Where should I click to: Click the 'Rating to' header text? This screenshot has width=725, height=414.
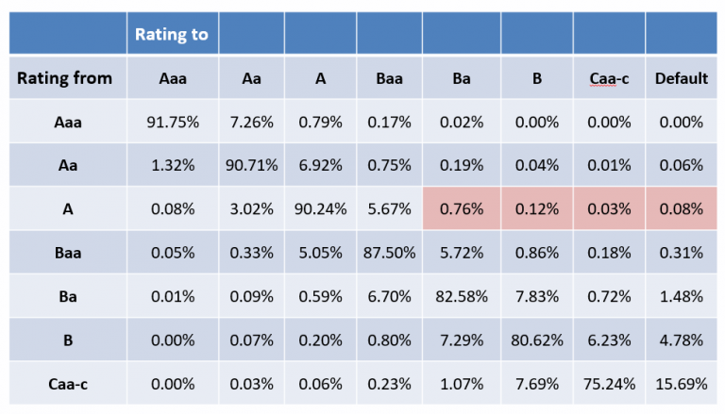pyautogui.click(x=173, y=35)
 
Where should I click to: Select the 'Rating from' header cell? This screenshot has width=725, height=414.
pyautogui.click(x=64, y=78)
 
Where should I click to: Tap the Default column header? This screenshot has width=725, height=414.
pyautogui.click(x=682, y=78)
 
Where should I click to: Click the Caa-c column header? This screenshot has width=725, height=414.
pyautogui.click(x=607, y=78)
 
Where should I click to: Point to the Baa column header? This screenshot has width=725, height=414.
pyautogui.click(x=390, y=78)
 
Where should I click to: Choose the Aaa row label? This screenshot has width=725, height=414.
pyautogui.click(x=64, y=122)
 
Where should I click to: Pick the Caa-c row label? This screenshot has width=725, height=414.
pyautogui.click(x=64, y=383)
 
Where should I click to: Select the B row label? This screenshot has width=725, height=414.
pyautogui.click(x=64, y=339)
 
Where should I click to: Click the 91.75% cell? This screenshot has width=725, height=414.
pyautogui.click(x=173, y=122)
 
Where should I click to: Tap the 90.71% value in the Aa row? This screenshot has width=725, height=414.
pyautogui.click(x=251, y=165)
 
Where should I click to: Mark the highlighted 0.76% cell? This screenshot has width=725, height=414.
pyautogui.click(x=462, y=208)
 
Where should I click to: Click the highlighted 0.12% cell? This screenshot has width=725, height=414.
pyautogui.click(x=536, y=208)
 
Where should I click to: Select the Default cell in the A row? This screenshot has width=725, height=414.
pyautogui.click(x=682, y=208)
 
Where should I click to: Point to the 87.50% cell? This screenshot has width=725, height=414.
pyautogui.click(x=390, y=253)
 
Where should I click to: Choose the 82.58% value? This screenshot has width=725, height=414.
pyautogui.click(x=462, y=296)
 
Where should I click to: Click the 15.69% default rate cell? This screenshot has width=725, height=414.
pyautogui.click(x=682, y=383)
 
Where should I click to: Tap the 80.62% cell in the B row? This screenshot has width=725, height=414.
pyautogui.click(x=536, y=339)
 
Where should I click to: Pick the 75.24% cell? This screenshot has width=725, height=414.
pyautogui.click(x=607, y=383)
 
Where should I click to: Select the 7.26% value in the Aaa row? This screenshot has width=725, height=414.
pyautogui.click(x=251, y=122)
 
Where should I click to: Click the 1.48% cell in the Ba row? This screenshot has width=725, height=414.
pyautogui.click(x=682, y=296)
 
